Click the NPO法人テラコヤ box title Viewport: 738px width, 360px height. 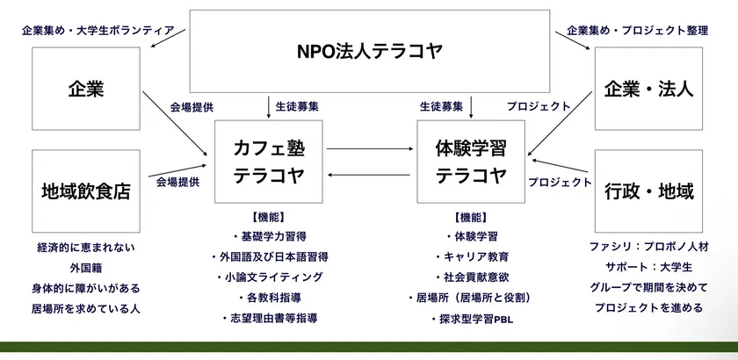point(370,51)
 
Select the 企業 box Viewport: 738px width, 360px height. point(86,89)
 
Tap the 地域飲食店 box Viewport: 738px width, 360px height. point(86,191)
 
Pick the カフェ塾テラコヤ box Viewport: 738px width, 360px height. point(269,162)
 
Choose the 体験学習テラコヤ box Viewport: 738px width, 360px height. point(471,162)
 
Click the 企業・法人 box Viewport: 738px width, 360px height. point(648,89)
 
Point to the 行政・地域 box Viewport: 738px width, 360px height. point(648,191)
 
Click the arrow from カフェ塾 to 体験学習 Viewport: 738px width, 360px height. point(370,148)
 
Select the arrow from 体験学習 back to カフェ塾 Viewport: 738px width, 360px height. point(369,175)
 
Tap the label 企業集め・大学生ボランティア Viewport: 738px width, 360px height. point(98,31)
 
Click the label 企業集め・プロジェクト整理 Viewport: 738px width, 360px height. point(637,31)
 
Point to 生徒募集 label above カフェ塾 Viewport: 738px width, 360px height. point(297,107)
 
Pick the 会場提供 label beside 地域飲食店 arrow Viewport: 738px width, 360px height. point(177,182)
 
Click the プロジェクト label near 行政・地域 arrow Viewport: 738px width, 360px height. point(560,182)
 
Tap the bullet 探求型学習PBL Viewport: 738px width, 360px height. point(472,320)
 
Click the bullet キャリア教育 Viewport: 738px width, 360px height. point(472,257)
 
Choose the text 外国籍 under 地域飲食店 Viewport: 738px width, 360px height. point(86,268)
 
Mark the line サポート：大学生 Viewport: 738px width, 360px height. point(648,267)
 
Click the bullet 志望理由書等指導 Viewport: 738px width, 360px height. point(270,319)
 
